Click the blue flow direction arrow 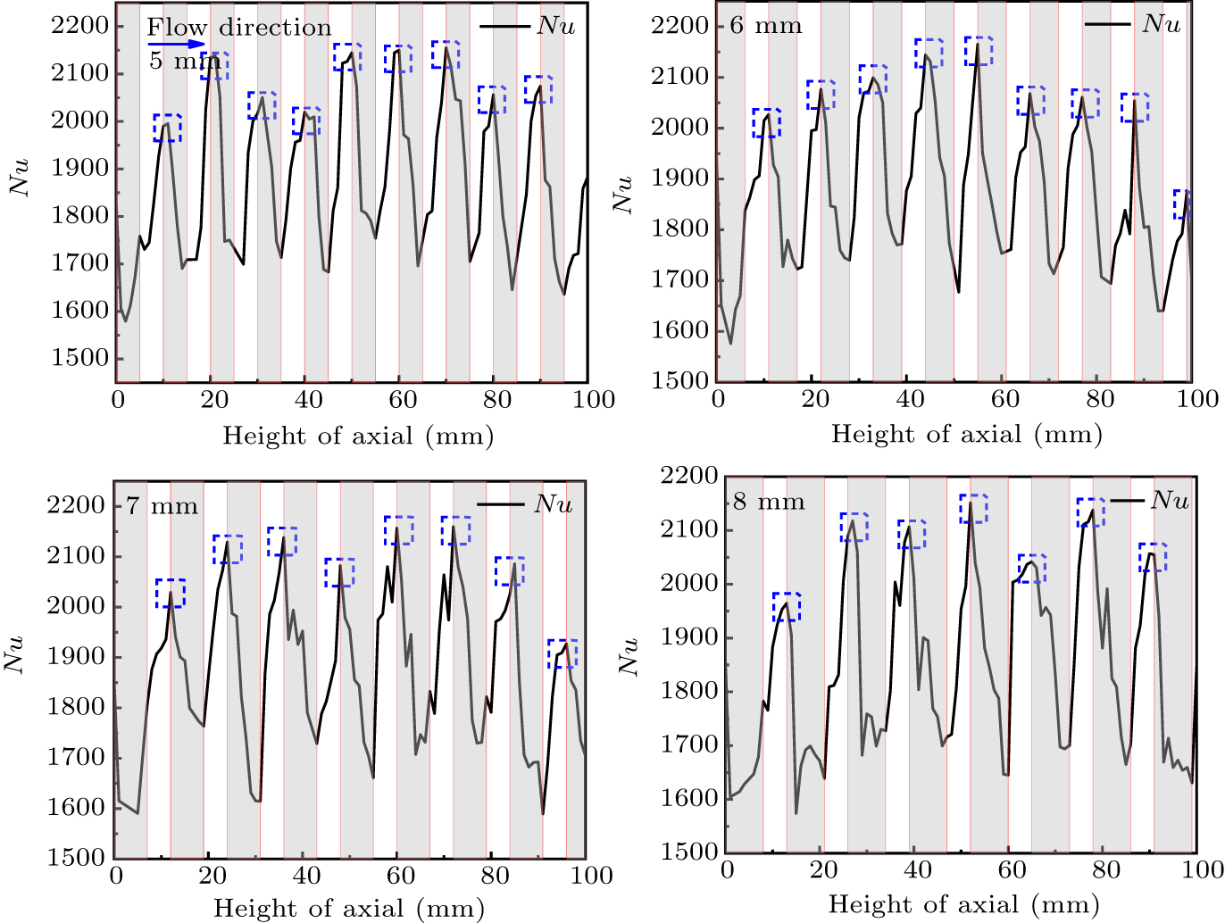point(177,44)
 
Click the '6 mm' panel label point(765,25)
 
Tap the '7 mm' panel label point(162,506)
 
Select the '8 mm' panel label point(768,502)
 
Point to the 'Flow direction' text point(239,28)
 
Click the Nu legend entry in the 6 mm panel point(1134,24)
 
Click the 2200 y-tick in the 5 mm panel point(80,26)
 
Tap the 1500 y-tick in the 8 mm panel point(689,852)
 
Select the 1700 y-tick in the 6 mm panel point(682,279)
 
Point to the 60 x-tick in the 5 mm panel point(404,400)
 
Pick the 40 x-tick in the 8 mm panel point(918,870)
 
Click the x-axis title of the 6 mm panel point(966,435)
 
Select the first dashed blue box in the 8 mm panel point(787,606)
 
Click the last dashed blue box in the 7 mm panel point(562,653)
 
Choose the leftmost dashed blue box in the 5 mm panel point(167,128)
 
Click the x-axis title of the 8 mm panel point(963,905)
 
